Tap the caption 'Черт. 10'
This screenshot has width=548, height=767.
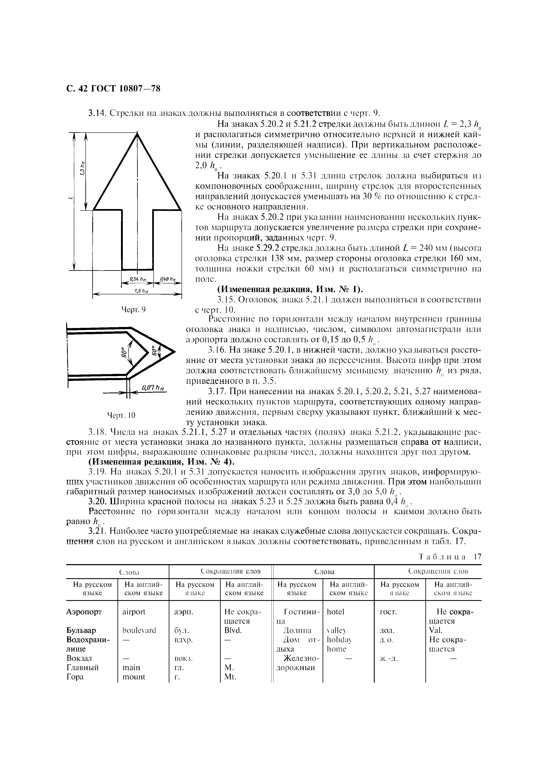coord(121,415)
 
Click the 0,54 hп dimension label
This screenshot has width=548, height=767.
coord(137,279)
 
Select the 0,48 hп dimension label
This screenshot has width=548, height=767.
coord(167,279)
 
